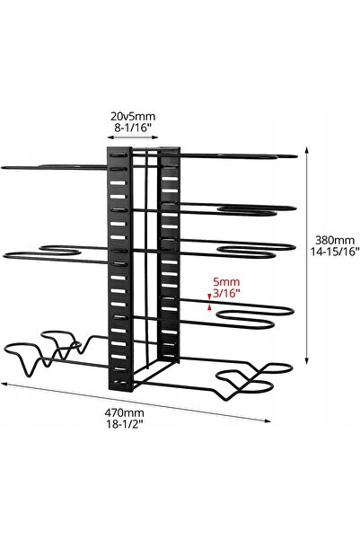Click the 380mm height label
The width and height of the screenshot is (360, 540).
[335, 240]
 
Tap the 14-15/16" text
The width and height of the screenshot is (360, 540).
[335, 252]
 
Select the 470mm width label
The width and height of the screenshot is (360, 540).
[124, 412]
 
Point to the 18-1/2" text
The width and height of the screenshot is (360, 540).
[124, 423]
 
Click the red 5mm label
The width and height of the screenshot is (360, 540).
[226, 282]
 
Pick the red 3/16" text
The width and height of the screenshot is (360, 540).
[226, 294]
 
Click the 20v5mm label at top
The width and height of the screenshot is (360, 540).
[133, 116]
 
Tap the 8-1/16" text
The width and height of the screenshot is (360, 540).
[133, 128]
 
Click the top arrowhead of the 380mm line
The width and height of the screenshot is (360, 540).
[307, 150]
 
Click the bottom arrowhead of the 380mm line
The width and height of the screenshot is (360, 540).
[307, 360]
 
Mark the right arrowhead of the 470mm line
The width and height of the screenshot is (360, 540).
[268, 420]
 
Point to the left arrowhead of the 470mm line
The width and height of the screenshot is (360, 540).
[4, 383]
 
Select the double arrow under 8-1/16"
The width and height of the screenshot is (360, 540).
[133, 137]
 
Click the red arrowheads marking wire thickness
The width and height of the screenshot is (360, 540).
[209, 302]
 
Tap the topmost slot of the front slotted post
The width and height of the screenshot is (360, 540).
[118, 155]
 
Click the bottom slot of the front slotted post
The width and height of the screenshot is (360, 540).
[119, 382]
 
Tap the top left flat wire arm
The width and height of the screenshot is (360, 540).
[55, 167]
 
